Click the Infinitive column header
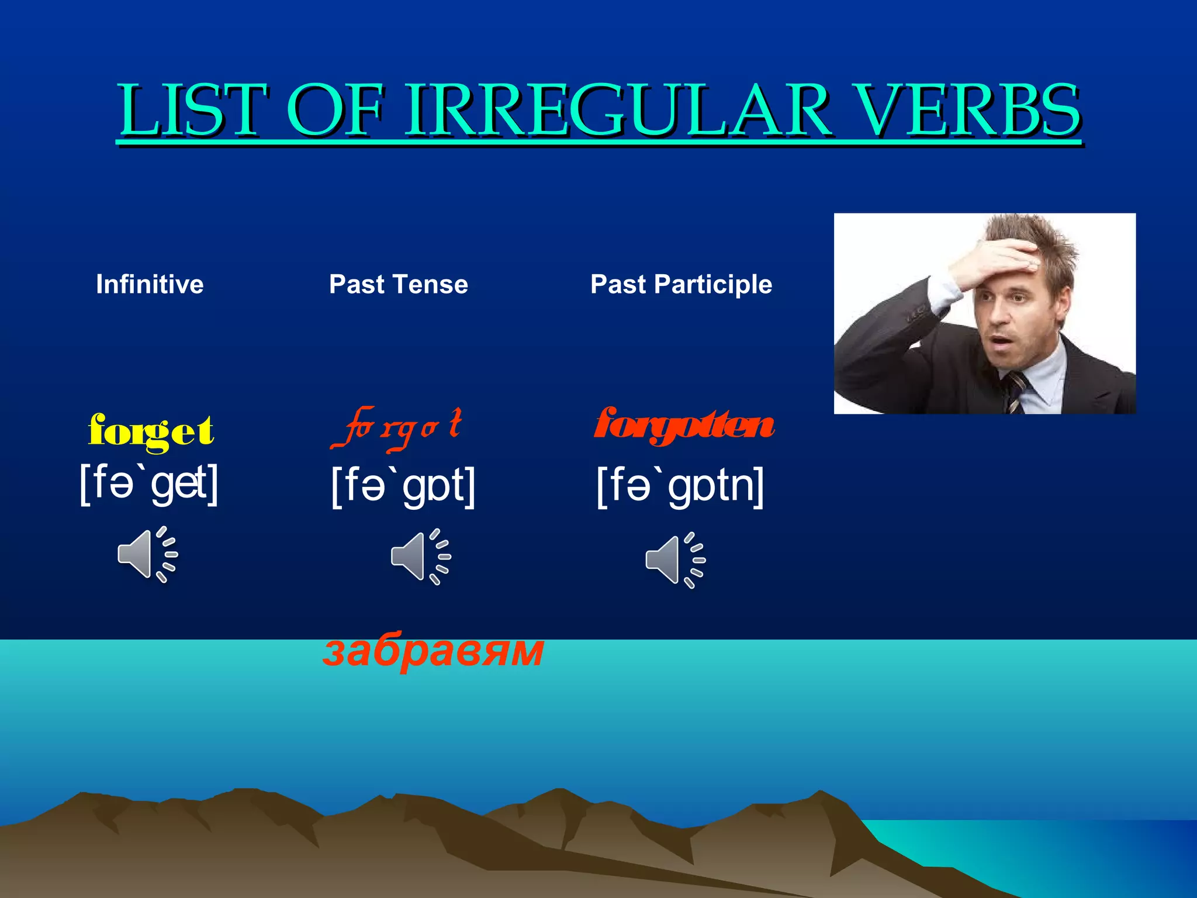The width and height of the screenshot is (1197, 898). click(x=150, y=285)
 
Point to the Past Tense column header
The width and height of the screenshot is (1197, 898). click(x=398, y=285)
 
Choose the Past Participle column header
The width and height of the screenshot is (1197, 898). click(x=681, y=285)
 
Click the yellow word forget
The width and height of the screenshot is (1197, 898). click(x=151, y=431)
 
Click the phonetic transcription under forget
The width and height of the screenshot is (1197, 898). click(x=149, y=483)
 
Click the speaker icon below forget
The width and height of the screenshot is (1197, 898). click(x=146, y=554)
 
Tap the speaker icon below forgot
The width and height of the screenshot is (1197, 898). click(x=420, y=557)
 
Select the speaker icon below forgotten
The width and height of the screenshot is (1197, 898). click(x=675, y=559)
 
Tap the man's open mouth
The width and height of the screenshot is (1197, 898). click(x=1001, y=340)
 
